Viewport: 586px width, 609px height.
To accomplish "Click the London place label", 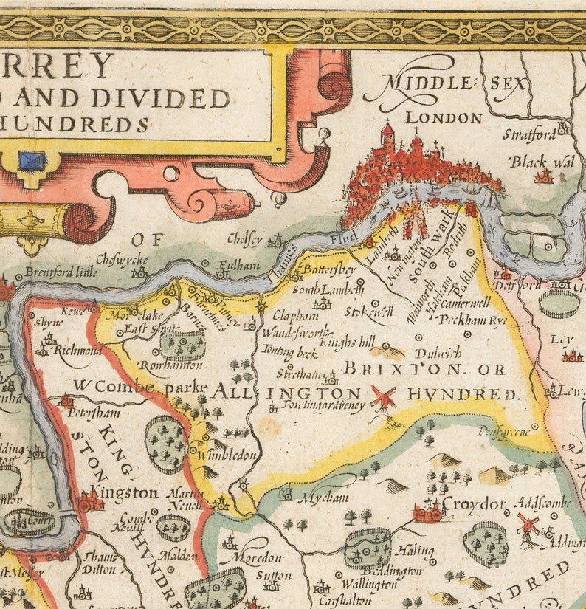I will [x=444, y=118].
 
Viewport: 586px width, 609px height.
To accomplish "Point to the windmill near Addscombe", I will [x=528, y=526].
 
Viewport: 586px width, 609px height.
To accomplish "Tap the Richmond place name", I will [x=77, y=351].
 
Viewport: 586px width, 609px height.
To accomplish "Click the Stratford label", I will [x=528, y=135].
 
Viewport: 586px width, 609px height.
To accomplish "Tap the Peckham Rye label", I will [x=472, y=320].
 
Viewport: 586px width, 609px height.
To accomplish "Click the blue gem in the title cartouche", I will [x=32, y=160].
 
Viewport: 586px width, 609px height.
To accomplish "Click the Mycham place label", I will [x=323, y=498].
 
